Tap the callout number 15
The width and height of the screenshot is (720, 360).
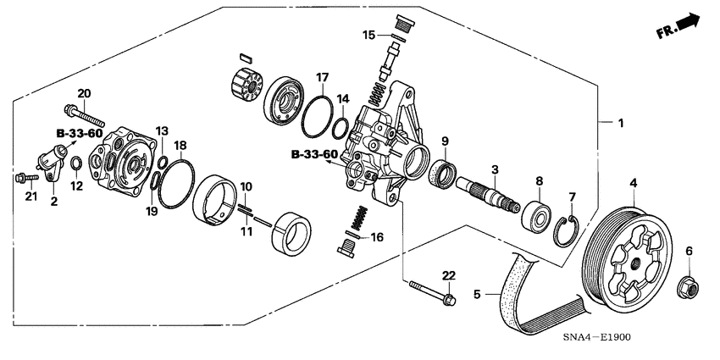[x=368, y=35]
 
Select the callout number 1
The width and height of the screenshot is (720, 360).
[x=620, y=124]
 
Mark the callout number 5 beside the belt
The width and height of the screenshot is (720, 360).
[x=477, y=294]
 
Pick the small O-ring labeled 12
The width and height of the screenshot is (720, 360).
[x=76, y=163]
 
